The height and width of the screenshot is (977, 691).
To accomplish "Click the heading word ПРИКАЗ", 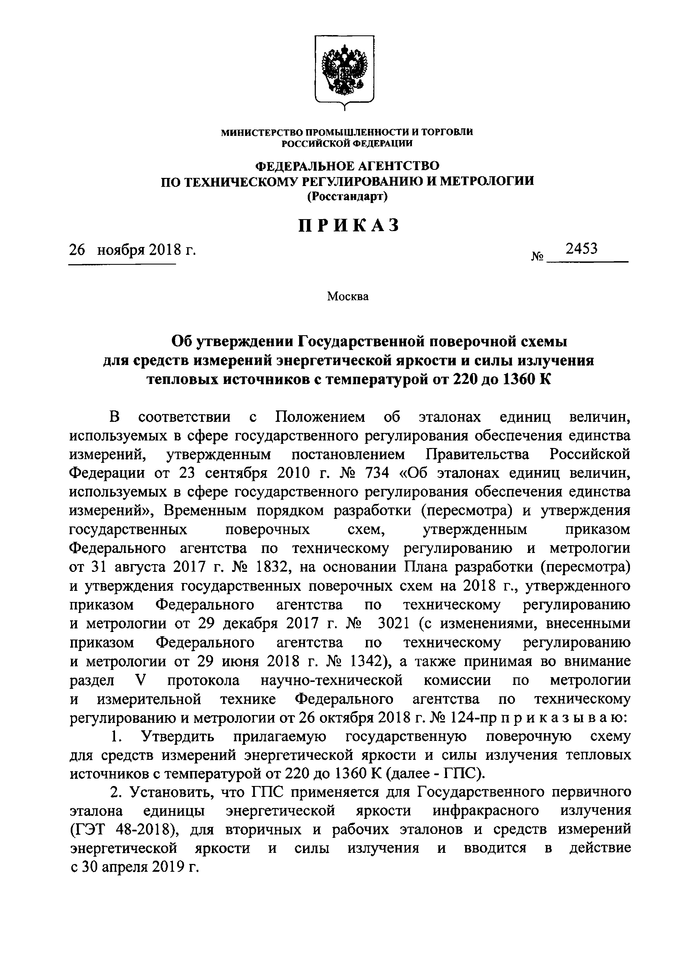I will pos(349,225).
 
